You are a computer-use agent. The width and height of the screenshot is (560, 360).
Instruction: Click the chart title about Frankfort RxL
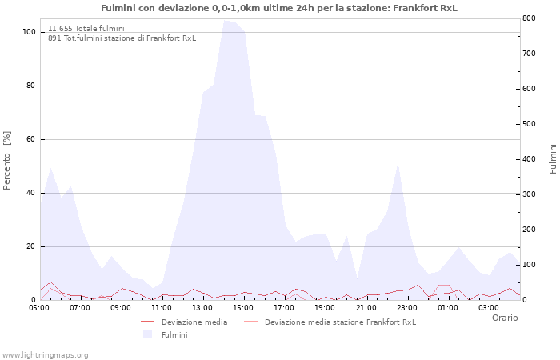(x=279, y=8)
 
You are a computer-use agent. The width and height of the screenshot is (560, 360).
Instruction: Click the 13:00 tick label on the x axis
(x=202, y=307)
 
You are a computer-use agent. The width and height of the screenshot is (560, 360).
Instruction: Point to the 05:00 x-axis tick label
(x=40, y=307)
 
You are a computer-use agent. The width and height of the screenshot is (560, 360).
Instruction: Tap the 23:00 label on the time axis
(x=407, y=307)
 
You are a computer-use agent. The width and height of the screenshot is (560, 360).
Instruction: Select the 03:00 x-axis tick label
(x=489, y=307)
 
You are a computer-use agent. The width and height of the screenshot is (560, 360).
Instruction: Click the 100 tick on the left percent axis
(x=29, y=32)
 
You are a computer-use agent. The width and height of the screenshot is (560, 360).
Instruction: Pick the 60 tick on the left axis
(x=31, y=139)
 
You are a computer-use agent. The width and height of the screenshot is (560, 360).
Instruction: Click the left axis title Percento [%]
(x=7, y=160)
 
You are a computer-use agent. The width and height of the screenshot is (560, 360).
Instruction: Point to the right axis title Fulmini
(x=553, y=158)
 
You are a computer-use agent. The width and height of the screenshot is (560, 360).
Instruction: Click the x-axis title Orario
(x=504, y=318)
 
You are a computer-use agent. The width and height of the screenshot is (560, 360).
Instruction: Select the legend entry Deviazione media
(x=194, y=322)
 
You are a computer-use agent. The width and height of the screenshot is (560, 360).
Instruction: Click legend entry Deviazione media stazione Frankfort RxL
(x=340, y=322)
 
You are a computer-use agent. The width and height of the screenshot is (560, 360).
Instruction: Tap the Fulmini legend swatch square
(x=147, y=334)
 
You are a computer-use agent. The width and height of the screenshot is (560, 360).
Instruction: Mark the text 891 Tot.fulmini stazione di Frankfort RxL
(x=122, y=38)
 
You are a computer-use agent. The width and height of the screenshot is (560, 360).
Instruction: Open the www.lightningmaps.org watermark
(x=45, y=354)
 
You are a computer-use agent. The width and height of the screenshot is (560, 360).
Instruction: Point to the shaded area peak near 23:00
(x=398, y=164)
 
